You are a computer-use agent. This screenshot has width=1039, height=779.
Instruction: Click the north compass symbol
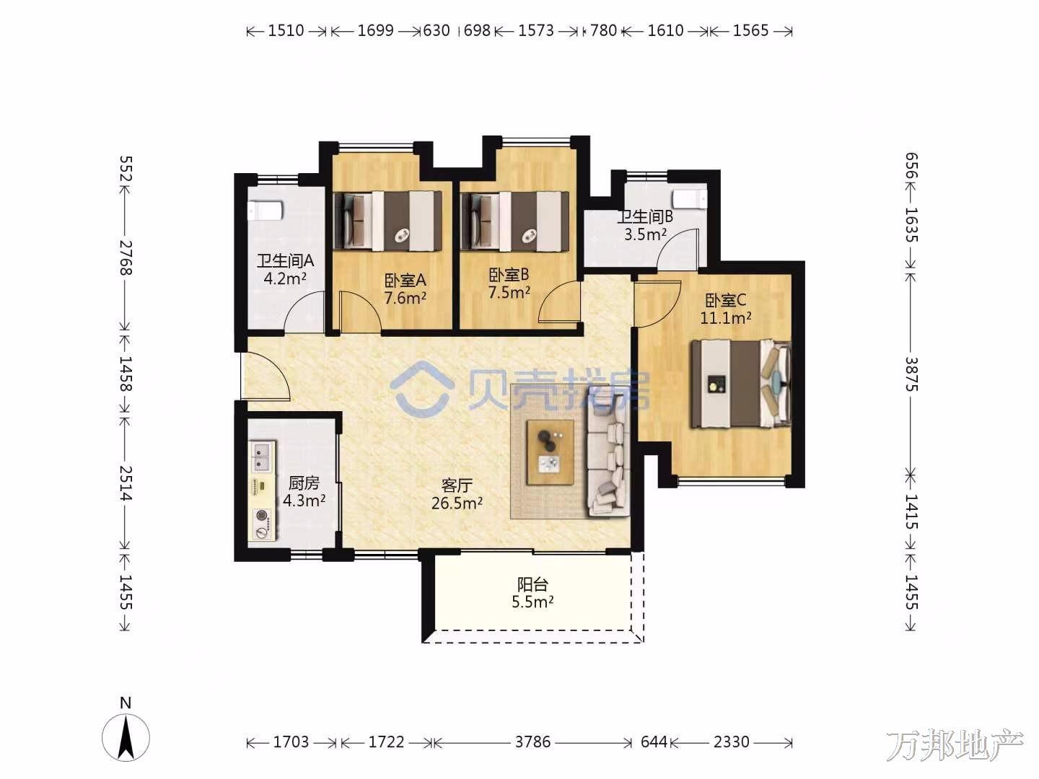point(126,734)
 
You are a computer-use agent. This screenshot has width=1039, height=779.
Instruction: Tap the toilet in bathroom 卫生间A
point(265,210)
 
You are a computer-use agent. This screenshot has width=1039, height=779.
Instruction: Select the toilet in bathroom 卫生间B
point(691,198)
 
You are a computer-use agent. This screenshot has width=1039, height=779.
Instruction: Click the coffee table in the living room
point(551,452)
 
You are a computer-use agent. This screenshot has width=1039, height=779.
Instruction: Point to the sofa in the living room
point(608,455)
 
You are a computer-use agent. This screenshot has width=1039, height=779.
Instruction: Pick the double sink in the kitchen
point(262,457)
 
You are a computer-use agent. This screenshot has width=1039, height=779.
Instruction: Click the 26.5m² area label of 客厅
point(457,503)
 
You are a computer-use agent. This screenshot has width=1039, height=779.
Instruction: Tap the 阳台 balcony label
point(532,584)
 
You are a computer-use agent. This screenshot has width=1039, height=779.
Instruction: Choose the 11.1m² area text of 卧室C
point(725,318)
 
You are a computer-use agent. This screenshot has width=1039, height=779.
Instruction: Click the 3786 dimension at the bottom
point(532,741)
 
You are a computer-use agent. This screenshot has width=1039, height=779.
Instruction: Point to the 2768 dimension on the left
point(126,258)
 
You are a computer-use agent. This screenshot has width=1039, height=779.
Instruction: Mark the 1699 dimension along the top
point(375,31)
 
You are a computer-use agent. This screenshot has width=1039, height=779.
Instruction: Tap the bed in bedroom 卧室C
point(741,384)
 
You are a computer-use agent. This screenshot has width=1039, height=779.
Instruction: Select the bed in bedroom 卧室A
point(387,221)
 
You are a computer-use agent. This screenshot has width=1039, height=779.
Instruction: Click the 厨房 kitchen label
point(304,483)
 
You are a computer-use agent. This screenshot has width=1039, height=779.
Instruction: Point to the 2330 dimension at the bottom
point(732,741)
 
